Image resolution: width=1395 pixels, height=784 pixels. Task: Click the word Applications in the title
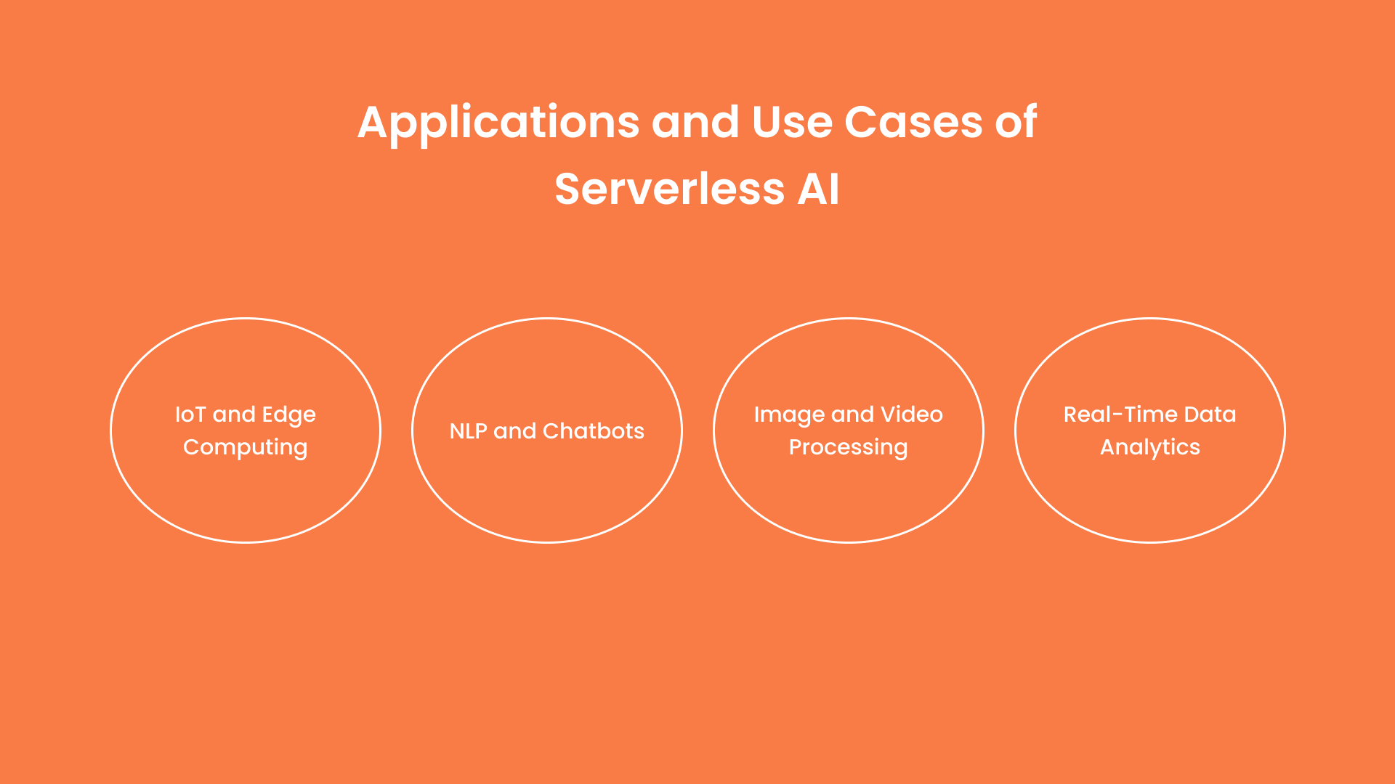tap(498, 123)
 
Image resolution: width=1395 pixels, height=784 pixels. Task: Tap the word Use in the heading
tap(792, 122)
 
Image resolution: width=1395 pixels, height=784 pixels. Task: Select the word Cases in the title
tap(913, 122)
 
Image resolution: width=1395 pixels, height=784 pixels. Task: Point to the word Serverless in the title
tap(669, 189)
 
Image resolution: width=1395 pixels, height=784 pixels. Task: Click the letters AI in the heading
tap(818, 189)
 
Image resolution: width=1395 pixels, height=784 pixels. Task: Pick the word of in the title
tap(1016, 122)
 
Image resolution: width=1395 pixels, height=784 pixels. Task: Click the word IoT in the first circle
tap(190, 415)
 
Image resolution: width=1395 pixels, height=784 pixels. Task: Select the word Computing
tap(245, 448)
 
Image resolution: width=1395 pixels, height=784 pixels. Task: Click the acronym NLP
tap(468, 431)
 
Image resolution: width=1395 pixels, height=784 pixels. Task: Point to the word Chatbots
tap(593, 431)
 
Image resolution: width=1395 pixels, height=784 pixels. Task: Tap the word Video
tap(911, 415)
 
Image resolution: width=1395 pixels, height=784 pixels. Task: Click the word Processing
tap(848, 448)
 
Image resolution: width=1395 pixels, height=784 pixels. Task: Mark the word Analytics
tap(1149, 448)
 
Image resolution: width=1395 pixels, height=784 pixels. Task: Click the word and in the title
tap(695, 122)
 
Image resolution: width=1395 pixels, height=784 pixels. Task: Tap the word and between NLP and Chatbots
tap(514, 431)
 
